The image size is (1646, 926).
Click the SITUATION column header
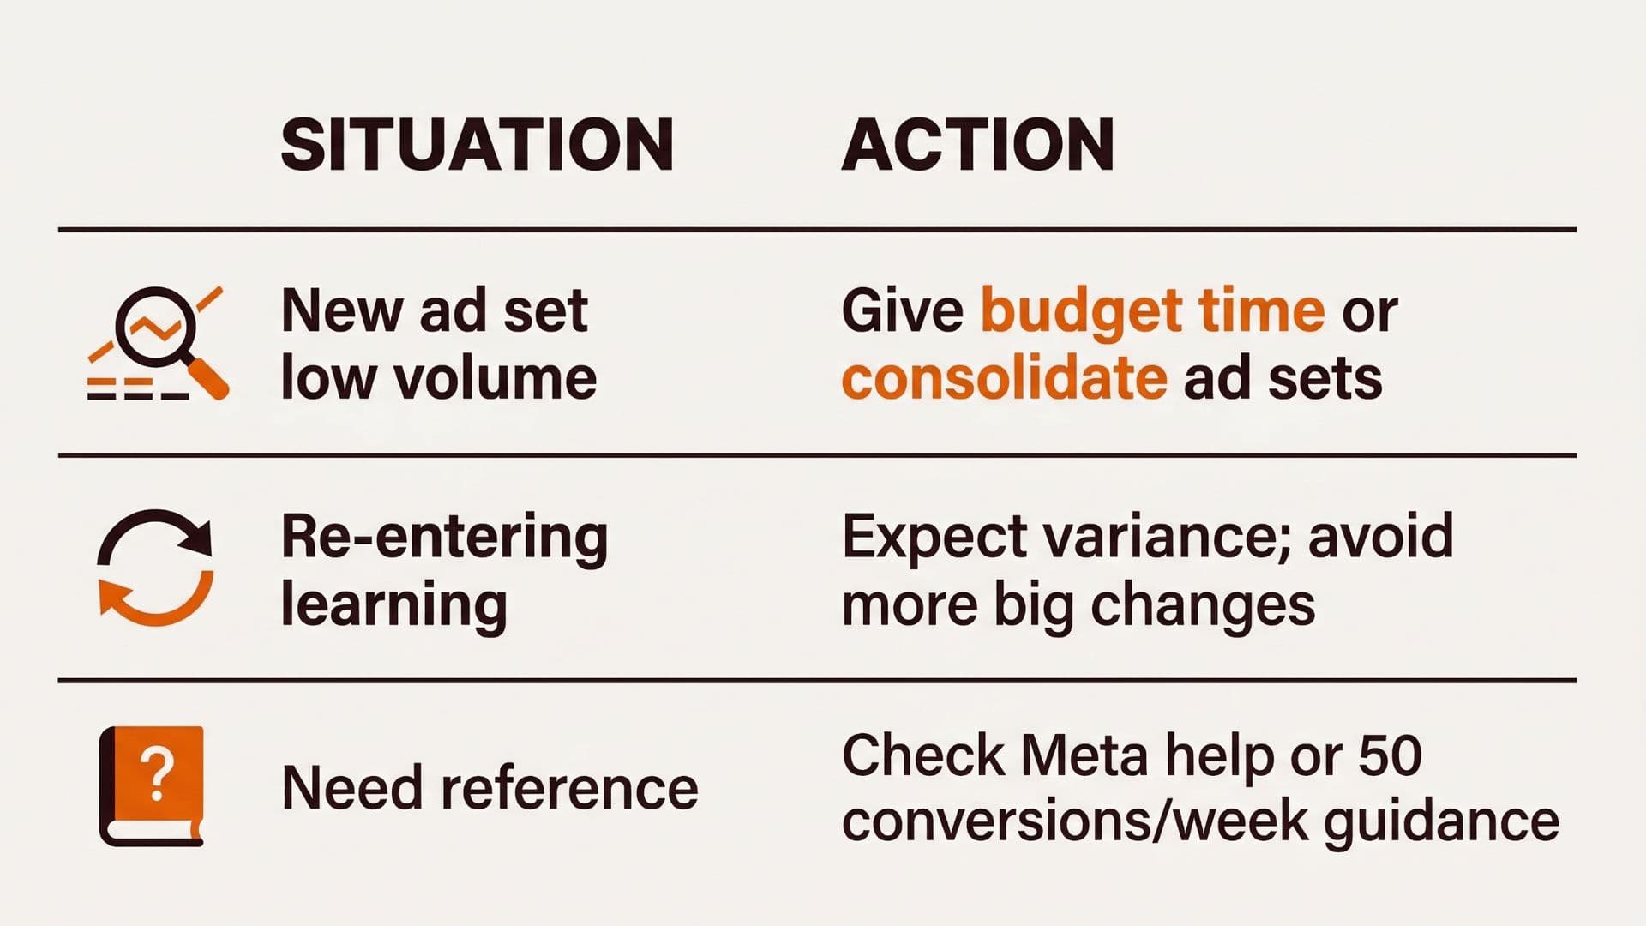[x=477, y=145]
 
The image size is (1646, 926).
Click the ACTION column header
[x=977, y=145]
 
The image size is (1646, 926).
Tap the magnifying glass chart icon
[x=158, y=343]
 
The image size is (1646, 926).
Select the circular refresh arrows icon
[x=155, y=567]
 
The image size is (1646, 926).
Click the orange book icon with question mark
[x=153, y=785]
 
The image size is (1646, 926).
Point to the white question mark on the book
[x=157, y=773]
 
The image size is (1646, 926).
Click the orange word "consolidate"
[x=1004, y=378]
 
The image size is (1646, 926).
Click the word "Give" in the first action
[x=903, y=310]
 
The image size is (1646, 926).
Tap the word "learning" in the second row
[x=394, y=605]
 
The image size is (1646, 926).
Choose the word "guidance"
[x=1441, y=822]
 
